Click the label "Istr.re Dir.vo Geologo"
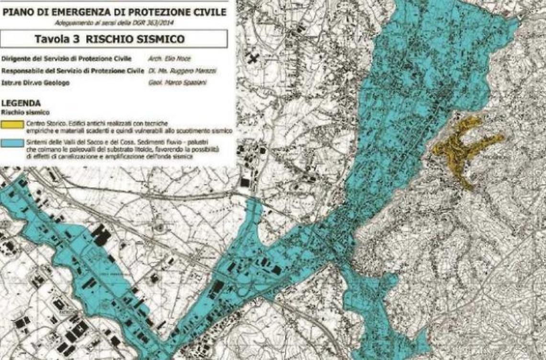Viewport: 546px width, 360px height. coord(35,83)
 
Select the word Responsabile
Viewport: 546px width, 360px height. coord(22,71)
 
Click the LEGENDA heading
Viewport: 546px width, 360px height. coord(21,103)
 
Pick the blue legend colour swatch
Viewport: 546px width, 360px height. coord(12,143)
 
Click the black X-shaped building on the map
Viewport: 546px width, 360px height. coord(252,59)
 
